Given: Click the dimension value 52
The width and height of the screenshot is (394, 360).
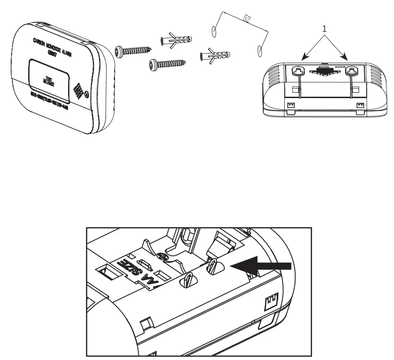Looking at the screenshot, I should pos(247,19).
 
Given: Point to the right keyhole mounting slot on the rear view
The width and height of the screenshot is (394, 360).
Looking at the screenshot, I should pos(351,71).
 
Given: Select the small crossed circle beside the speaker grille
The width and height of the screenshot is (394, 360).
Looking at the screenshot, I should pos(87,94).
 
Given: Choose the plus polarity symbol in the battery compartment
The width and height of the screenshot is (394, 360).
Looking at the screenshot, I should pos(162,257).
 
